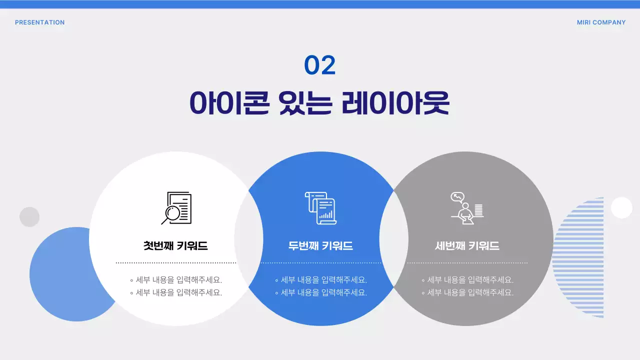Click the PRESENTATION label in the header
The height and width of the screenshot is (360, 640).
coord(39,22)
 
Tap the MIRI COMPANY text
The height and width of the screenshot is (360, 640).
coord(601,22)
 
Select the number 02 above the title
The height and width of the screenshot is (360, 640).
coord(320,65)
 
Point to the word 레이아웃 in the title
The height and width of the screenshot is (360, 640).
coord(396,103)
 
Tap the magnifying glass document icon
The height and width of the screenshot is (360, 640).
coord(176,208)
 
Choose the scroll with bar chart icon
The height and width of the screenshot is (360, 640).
coord(320,208)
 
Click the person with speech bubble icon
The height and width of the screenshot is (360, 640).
coord(466,208)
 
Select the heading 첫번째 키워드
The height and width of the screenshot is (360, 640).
coord(175,246)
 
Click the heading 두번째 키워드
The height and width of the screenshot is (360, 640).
coord(320,246)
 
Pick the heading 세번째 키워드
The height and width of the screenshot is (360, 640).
coord(467,246)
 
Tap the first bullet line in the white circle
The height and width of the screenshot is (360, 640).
coord(176,280)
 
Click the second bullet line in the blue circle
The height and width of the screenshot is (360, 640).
coord(321,292)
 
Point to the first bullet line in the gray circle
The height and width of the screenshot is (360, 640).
coord(467,280)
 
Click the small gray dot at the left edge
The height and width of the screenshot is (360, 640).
coord(29,217)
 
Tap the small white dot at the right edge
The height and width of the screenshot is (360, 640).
coord(621,207)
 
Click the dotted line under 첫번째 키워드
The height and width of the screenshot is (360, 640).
coord(176,262)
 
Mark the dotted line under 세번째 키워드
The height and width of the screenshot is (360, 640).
coord(467,262)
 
